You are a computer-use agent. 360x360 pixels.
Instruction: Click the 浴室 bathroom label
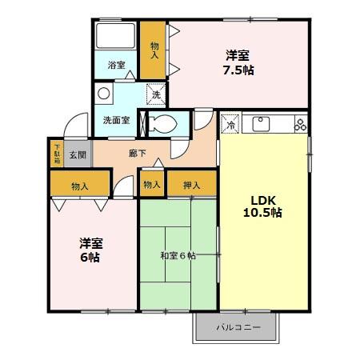[116, 65]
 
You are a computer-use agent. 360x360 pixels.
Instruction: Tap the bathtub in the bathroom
[116, 37]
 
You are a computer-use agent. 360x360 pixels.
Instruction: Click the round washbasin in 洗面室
[104, 94]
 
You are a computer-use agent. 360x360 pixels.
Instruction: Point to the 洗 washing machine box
[155, 94]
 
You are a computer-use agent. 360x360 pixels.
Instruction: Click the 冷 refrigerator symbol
[230, 124]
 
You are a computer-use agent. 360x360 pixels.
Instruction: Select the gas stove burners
[300, 124]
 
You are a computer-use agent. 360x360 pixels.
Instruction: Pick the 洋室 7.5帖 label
[238, 62]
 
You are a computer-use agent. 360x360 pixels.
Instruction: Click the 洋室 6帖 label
[90, 250]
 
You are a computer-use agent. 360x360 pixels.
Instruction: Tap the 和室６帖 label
[178, 256]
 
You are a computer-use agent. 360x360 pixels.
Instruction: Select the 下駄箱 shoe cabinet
[57, 154]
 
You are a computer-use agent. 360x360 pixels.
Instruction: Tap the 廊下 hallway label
[138, 152]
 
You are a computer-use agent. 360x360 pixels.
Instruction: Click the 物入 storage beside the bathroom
[154, 50]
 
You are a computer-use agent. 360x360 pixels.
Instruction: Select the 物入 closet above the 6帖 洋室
[80, 186]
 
